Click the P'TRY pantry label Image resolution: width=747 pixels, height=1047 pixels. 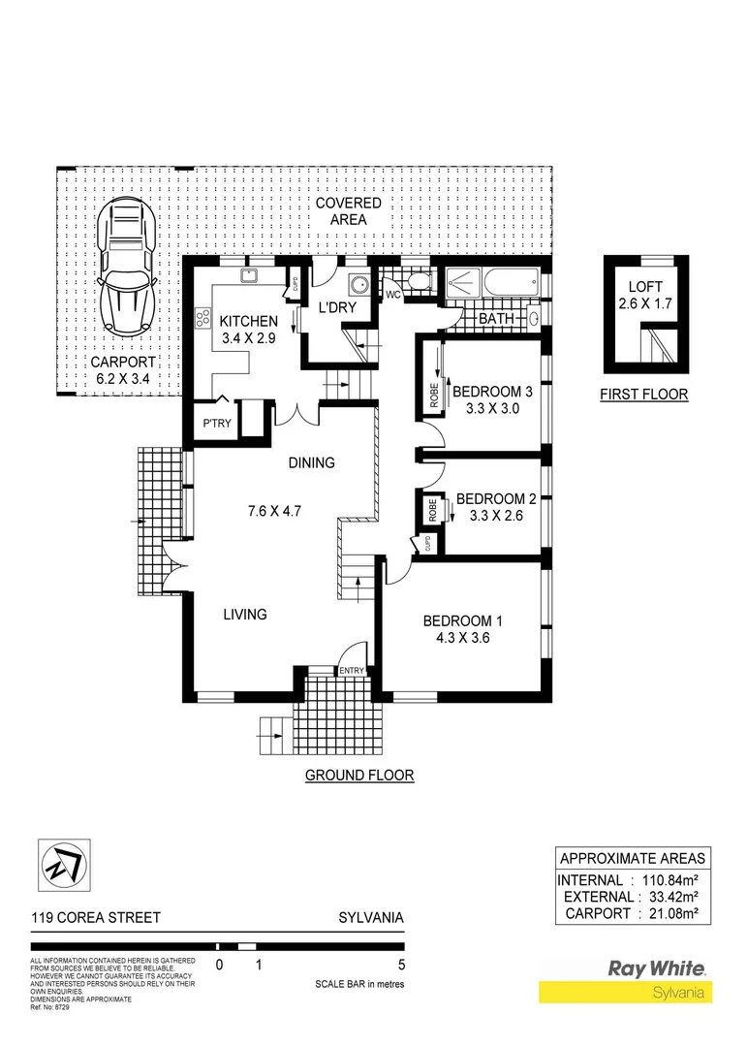pos(215,425)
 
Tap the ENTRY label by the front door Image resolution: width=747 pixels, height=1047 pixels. pos(350,670)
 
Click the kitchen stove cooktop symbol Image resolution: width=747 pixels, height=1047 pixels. pos(203,318)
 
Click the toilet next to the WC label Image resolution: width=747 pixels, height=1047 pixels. pos(418,281)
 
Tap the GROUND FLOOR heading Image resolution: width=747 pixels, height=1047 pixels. pos(359,775)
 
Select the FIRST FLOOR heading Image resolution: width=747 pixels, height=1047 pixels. pos(645,395)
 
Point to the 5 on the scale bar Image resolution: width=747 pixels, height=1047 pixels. pos(400,965)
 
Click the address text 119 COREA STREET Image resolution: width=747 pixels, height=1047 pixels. pos(96,918)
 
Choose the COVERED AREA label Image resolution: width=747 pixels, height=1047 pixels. pos(348,211)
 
